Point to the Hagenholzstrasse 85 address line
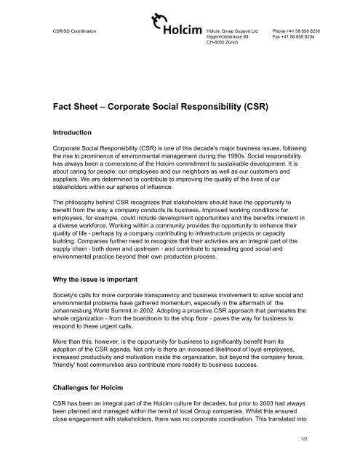(228, 38)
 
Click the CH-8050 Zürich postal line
(221, 44)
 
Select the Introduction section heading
(72, 133)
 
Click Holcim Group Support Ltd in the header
(232, 32)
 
